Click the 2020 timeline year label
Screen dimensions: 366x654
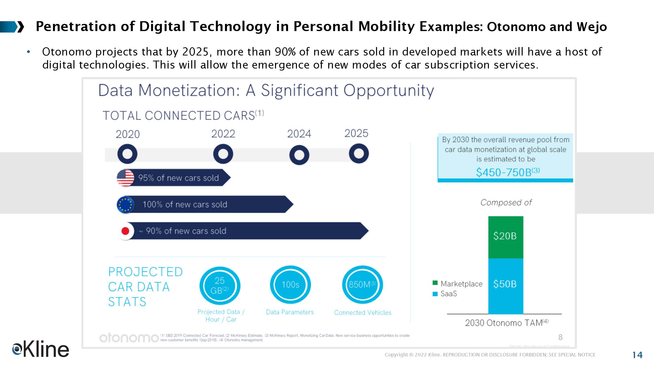[128, 134]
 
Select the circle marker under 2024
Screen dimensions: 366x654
[299, 155]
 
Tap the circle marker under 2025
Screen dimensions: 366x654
[359, 153]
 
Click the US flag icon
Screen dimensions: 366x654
[125, 178]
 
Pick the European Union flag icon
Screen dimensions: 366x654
[125, 205]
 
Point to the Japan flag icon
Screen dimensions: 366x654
[125, 231]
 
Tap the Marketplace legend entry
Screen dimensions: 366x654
[458, 283]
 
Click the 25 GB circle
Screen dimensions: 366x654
[220, 285]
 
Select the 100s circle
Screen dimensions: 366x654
[291, 284]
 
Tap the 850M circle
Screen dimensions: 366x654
[362, 284]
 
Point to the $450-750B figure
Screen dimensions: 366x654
[508, 172]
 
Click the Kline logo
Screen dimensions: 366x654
[41, 349]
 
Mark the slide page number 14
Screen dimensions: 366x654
[637, 355]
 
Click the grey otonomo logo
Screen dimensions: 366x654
[129, 338]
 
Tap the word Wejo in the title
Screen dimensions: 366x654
[592, 27]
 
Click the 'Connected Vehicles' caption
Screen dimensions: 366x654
[362, 313]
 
